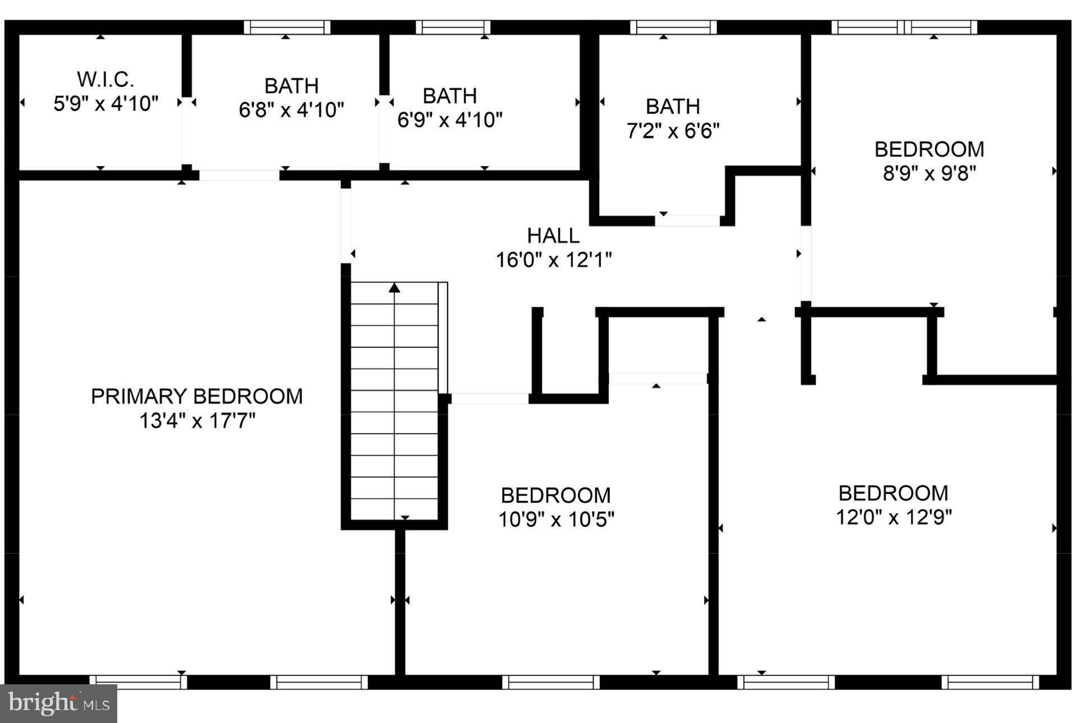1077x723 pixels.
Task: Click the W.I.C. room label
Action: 105,80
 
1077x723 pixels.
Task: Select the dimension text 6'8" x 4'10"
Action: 291,110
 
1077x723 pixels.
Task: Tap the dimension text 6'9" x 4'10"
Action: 450,120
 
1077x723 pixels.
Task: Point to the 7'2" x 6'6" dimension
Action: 673,131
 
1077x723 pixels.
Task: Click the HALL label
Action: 553,236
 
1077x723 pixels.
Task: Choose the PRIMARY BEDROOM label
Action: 196,397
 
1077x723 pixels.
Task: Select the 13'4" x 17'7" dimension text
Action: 197,421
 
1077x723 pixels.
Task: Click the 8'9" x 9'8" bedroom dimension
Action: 929,173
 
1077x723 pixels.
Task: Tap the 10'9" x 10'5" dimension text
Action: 556,519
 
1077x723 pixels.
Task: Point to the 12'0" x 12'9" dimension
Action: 894,517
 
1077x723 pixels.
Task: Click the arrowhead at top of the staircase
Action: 394,288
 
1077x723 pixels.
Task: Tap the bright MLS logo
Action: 58,703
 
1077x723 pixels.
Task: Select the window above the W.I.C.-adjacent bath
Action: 287,27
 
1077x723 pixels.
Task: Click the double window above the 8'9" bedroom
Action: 904,27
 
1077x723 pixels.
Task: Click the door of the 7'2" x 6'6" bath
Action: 687,220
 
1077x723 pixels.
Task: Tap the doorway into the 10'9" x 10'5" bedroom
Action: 657,379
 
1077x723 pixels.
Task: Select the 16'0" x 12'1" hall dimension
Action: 553,260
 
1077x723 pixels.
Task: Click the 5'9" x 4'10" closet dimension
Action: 105,104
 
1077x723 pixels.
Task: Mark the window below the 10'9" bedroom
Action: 551,682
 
